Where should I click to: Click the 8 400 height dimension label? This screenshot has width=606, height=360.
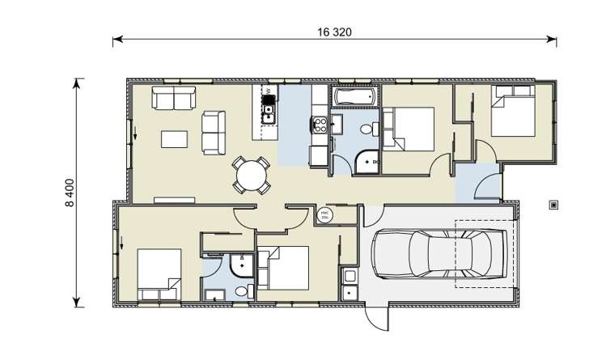click(x=69, y=193)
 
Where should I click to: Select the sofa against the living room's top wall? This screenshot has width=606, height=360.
click(x=174, y=100)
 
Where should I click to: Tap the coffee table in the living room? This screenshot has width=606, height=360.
click(x=177, y=140)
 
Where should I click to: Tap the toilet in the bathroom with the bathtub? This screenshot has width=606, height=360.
click(x=367, y=129)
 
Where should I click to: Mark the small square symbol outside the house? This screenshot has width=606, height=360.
click(x=554, y=205)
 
